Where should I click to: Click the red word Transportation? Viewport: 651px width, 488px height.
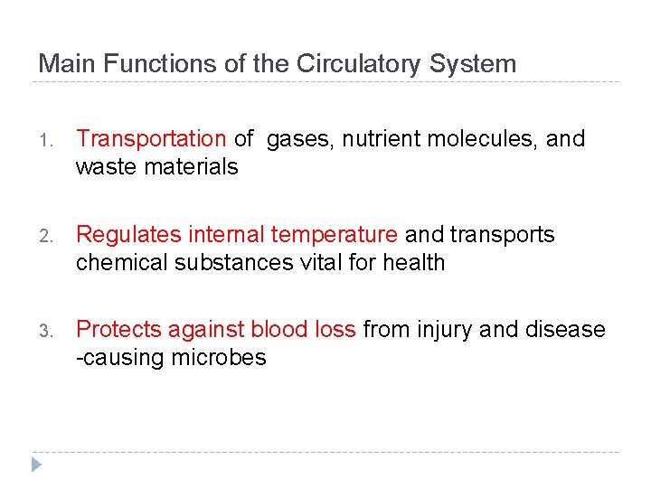tap(151, 139)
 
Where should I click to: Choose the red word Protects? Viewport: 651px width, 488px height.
tap(115, 330)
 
